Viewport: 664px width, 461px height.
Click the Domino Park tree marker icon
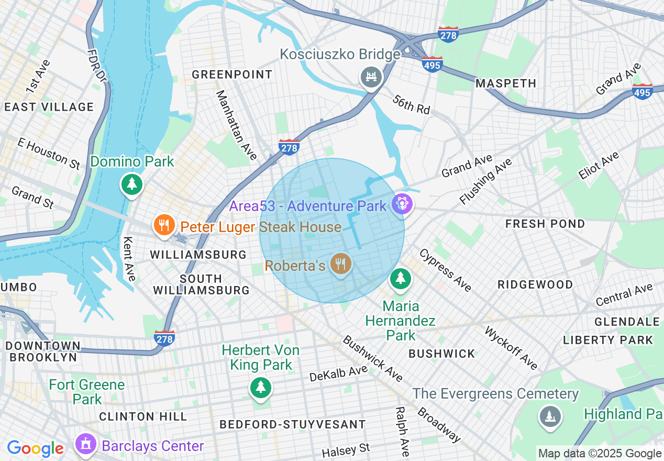click(131, 184)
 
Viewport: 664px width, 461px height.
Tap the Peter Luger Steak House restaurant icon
click(164, 226)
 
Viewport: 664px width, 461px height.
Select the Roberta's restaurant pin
click(341, 263)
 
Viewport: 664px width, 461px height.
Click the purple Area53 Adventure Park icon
click(402, 203)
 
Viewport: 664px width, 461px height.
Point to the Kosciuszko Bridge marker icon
click(371, 77)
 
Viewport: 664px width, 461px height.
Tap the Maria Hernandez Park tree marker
click(401, 278)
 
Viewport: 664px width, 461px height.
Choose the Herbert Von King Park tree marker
click(260, 388)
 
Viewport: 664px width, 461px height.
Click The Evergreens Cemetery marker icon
click(550, 417)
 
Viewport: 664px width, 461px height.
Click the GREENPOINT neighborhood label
click(232, 74)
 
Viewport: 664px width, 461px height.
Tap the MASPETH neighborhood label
click(506, 83)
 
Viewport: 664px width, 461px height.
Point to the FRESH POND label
click(545, 224)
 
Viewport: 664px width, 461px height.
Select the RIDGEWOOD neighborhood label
click(535, 284)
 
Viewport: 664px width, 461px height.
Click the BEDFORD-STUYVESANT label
click(292, 424)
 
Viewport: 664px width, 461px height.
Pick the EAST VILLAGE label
click(49, 107)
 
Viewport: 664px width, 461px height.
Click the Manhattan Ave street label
click(236, 125)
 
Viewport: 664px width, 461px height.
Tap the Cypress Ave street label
click(445, 270)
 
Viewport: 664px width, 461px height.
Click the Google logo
click(35, 448)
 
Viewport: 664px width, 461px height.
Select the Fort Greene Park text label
click(87, 392)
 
